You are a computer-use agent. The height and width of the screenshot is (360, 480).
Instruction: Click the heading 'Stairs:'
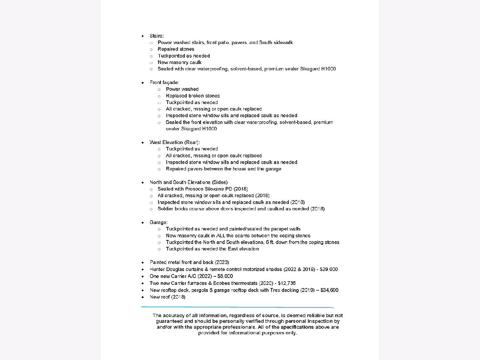[x=156, y=36]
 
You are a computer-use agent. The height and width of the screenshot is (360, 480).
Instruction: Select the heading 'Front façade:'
[x=164, y=82]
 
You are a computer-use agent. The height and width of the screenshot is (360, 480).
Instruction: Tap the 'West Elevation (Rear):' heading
[x=174, y=142]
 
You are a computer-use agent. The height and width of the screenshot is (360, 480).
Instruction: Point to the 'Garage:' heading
[x=158, y=222]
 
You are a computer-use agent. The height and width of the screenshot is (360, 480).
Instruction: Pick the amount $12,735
[x=286, y=283]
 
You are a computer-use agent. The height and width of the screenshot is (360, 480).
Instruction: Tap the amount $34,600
[x=329, y=290]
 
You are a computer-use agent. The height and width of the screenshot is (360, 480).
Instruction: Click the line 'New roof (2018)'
[x=167, y=296]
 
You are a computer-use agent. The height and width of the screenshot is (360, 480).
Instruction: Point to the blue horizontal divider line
[x=237, y=307]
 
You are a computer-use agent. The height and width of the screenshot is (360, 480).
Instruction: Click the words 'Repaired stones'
[x=176, y=49]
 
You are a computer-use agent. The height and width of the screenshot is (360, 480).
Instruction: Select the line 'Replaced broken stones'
[x=193, y=96]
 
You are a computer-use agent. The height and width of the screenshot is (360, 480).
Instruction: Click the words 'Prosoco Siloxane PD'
[x=197, y=189]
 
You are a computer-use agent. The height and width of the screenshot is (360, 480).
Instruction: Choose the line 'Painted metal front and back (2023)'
[x=189, y=262]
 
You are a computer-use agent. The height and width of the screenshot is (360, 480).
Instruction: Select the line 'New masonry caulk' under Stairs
[x=179, y=62]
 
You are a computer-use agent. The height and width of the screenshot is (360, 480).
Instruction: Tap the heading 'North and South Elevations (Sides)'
[x=188, y=182]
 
